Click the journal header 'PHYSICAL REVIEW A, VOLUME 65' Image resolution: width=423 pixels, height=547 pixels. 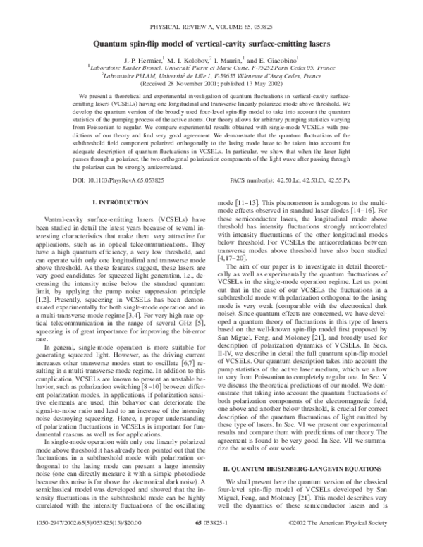(x=211, y=24)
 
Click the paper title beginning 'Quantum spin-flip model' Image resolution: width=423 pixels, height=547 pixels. (x=211, y=42)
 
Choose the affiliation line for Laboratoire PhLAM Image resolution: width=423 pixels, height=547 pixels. (x=211, y=77)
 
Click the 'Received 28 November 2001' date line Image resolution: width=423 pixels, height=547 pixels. (x=211, y=85)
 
